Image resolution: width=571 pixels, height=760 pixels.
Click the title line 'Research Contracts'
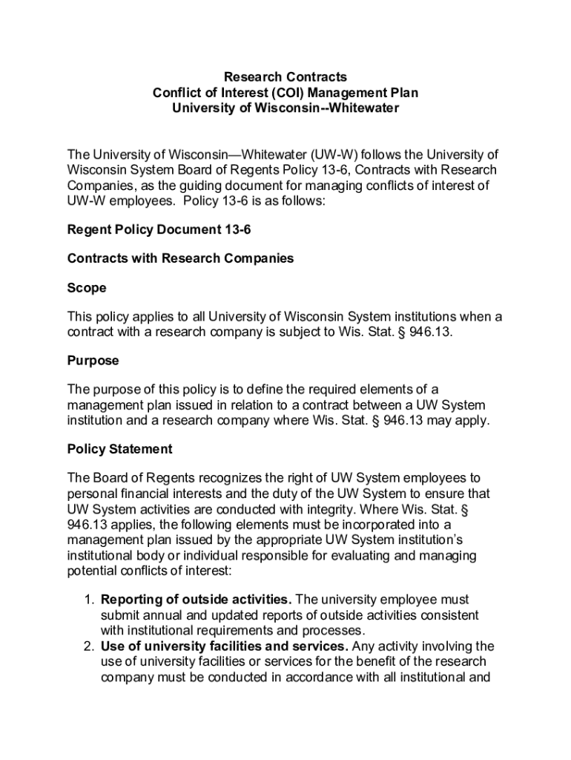(x=285, y=77)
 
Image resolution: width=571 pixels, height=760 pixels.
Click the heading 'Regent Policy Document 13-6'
(x=159, y=230)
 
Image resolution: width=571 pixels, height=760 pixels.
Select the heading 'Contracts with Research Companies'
(x=180, y=258)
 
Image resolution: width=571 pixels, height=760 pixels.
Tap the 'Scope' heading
(x=87, y=287)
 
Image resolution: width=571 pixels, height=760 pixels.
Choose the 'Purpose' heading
(x=93, y=361)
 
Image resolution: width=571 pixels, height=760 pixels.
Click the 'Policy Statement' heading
(x=119, y=449)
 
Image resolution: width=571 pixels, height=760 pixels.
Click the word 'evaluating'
(x=426, y=555)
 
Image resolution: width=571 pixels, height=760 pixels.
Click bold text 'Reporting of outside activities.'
(x=196, y=600)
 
